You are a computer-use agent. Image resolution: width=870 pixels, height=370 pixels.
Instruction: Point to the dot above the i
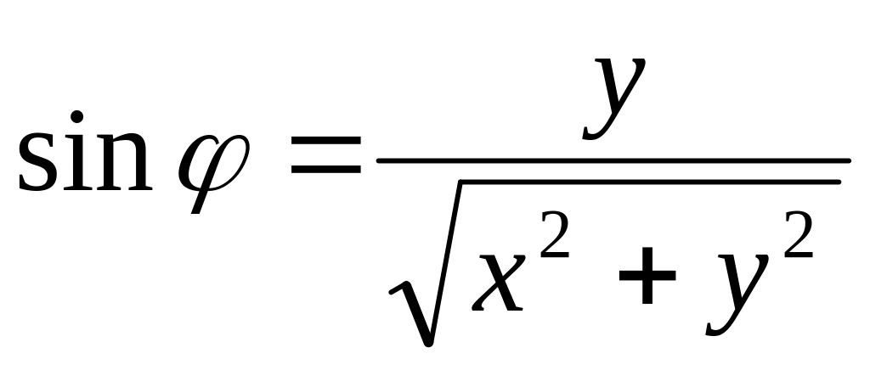pos(77,116)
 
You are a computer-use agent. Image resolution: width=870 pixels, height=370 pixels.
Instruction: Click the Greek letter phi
pos(213,161)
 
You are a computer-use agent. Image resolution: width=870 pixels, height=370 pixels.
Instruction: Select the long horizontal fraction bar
pos(613,160)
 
